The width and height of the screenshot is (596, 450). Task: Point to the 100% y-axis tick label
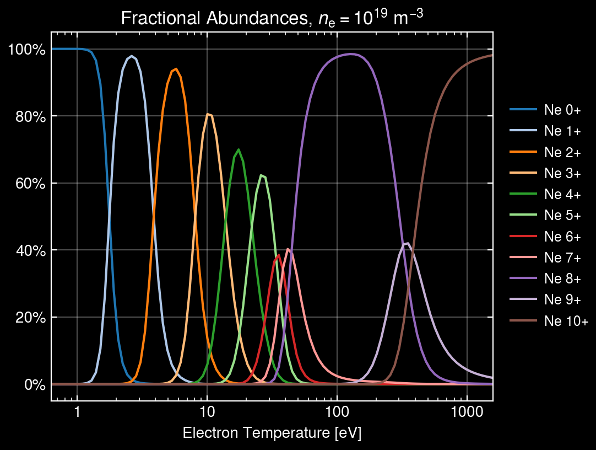[x=26, y=50]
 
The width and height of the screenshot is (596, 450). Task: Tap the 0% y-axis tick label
[x=32, y=384]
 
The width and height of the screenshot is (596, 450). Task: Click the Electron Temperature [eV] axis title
[x=272, y=433]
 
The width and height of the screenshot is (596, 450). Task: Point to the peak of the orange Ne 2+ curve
[x=176, y=69]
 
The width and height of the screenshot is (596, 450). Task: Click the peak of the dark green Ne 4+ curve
[x=238, y=149]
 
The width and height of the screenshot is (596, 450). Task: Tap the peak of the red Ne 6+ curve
[x=279, y=255]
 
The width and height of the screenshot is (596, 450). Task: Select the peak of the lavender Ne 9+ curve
[x=407, y=243]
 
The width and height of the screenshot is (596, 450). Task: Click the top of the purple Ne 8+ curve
[x=350, y=54]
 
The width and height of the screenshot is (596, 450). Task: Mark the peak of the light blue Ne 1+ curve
[x=132, y=56]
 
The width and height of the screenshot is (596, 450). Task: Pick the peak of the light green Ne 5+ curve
[x=262, y=175]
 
